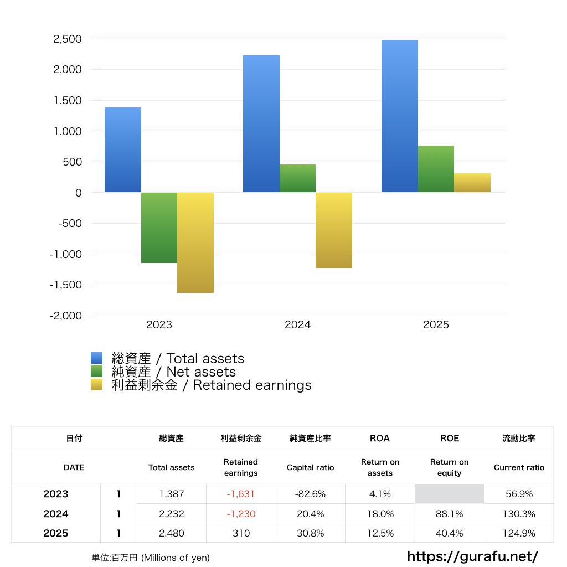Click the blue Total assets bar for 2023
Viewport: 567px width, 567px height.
(122, 150)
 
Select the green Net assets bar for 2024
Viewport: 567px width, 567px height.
(297, 178)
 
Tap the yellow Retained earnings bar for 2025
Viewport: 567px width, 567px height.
(472, 183)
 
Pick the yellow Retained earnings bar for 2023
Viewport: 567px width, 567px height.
(195, 243)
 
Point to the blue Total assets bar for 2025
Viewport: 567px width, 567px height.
(399, 116)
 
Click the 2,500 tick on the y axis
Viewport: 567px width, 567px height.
(68, 39)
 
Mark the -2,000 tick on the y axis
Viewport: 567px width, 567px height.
(66, 316)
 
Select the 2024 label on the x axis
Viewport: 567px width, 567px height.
(297, 325)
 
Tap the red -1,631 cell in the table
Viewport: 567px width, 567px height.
(241, 494)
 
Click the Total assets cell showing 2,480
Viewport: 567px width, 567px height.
(171, 534)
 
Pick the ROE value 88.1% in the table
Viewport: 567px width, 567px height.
(449, 514)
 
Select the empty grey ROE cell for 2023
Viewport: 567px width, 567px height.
(449, 494)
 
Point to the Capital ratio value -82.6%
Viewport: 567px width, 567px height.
(310, 494)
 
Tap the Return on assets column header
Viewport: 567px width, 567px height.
(380, 467)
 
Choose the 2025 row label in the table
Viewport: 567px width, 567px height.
(56, 534)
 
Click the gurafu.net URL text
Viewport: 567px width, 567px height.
(472, 556)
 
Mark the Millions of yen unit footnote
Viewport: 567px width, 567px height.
(151, 558)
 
